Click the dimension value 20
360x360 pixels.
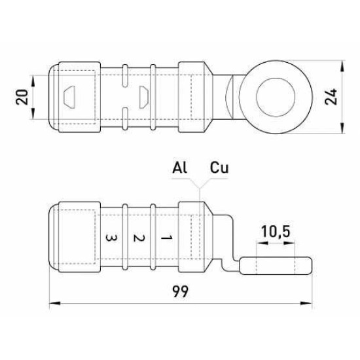click(x=22, y=97)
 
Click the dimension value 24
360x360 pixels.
click(x=331, y=97)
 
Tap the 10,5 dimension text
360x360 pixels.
click(x=276, y=231)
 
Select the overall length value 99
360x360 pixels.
click(x=181, y=291)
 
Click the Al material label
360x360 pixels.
click(x=180, y=168)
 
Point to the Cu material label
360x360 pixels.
click(x=219, y=168)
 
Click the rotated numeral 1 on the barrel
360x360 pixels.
click(x=166, y=238)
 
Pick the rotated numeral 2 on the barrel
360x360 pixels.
click(x=139, y=238)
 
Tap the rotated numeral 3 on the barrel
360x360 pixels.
click(x=111, y=238)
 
